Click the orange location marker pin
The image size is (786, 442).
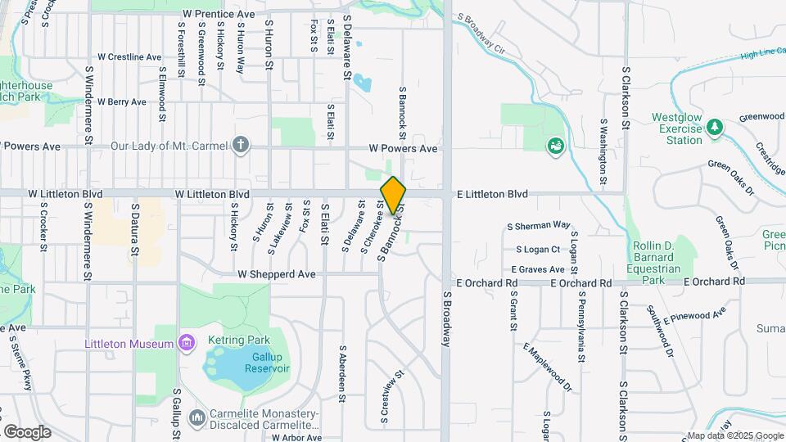pos(393,196)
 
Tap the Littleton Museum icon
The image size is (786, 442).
pos(187,343)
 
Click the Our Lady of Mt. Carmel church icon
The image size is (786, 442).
pos(240,146)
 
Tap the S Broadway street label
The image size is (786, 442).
pos(447,319)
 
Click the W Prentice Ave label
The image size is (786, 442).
pos(219,15)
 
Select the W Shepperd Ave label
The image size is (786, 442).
pos(277,274)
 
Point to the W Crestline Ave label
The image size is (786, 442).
pos(129,57)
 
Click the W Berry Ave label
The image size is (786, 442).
pos(121,102)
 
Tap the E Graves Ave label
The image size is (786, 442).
pos(537,269)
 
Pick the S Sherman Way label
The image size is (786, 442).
pos(538,225)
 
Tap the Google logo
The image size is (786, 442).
pos(27,431)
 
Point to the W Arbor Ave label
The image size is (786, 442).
pos(297,438)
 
